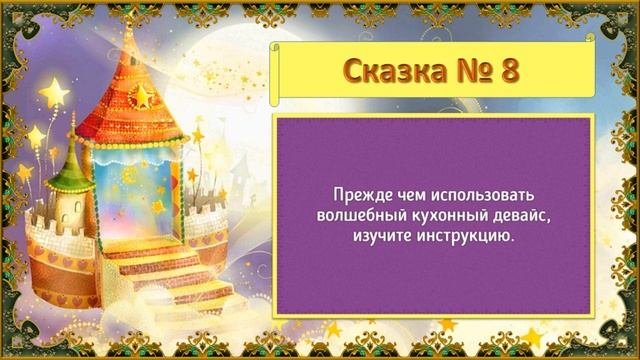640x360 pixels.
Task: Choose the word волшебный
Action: coord(353,213)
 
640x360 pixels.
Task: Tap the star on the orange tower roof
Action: coord(145,96)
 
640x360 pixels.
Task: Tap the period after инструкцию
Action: coord(511,238)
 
